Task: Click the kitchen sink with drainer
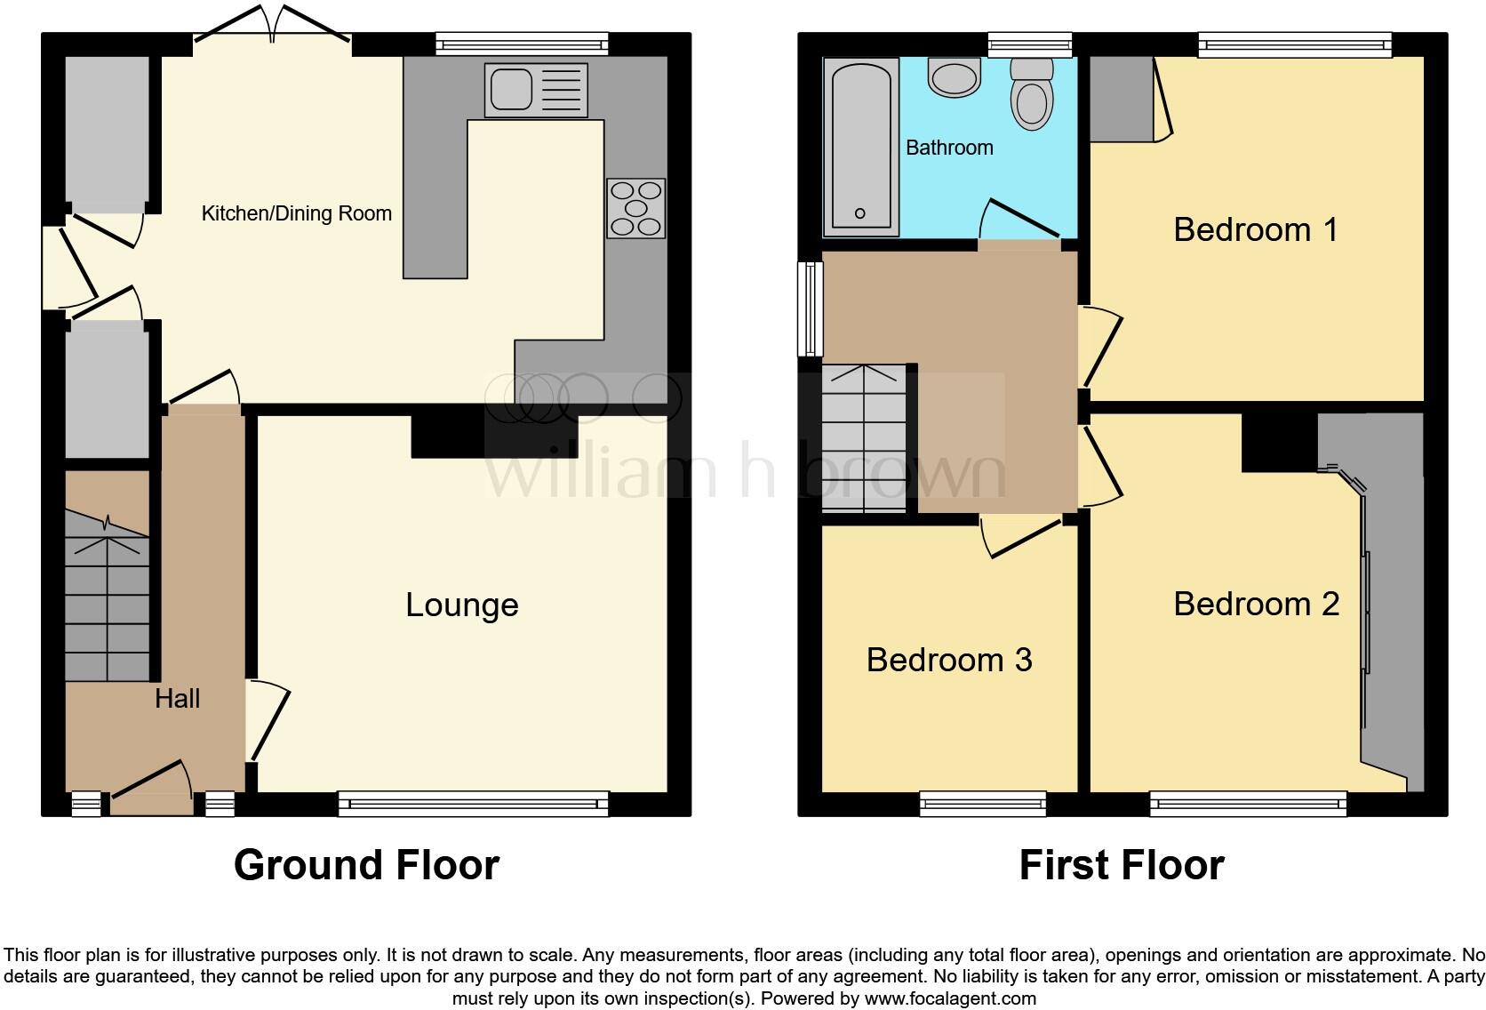tap(535, 90)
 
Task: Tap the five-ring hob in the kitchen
tap(635, 209)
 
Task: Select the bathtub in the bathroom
tap(859, 147)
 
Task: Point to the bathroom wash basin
tap(954, 76)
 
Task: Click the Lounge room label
tap(461, 605)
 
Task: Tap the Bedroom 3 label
tap(948, 660)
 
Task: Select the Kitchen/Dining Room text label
tap(296, 213)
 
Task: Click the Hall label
tap(177, 699)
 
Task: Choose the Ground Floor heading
tap(366, 864)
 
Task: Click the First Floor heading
tap(1121, 864)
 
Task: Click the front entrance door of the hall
tap(151, 787)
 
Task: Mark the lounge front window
tap(473, 805)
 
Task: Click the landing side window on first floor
tap(809, 309)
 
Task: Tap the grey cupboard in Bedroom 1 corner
tap(1122, 99)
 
